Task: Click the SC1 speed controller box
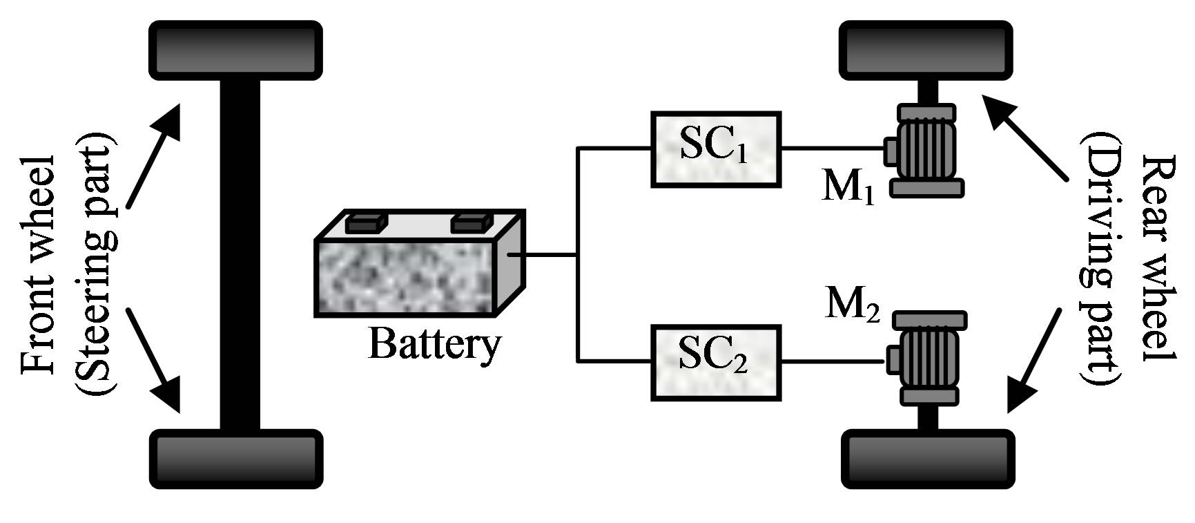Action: click(716, 149)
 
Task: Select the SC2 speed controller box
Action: click(716, 362)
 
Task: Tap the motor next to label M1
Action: click(925, 150)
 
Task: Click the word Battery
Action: click(434, 343)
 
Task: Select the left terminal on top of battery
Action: click(367, 223)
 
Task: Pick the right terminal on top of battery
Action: click(472, 223)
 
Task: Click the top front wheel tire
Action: click(236, 50)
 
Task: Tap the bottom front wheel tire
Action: click(236, 459)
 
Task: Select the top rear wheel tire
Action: click(926, 50)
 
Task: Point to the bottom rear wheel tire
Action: click(929, 459)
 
